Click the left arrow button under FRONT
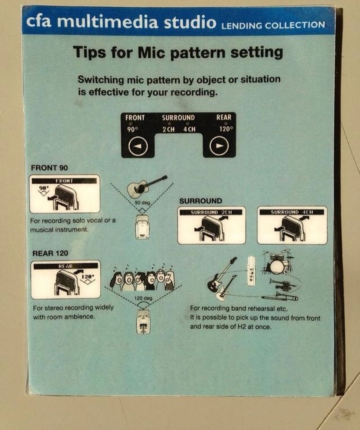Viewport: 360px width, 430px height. (138, 147)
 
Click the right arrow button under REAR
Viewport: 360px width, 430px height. (219, 147)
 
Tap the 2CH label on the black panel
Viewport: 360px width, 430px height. (169, 130)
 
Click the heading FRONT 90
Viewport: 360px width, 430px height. (49, 168)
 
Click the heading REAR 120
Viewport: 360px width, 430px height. (50, 253)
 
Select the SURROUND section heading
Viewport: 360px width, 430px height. (201, 201)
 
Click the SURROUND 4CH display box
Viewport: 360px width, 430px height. (292, 225)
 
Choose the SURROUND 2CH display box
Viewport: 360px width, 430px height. (212, 225)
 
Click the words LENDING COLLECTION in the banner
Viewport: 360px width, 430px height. (273, 25)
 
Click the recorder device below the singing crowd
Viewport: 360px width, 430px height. (143, 321)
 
